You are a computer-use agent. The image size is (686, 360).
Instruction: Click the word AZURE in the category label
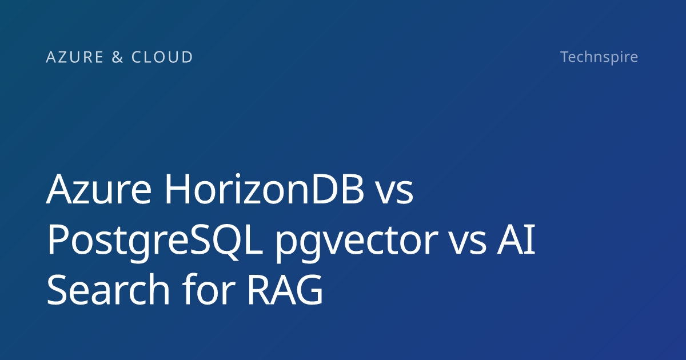coord(75,57)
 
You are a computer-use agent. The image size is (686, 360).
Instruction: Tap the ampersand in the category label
coord(118,57)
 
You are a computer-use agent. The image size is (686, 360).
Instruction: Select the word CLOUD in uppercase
coord(162,57)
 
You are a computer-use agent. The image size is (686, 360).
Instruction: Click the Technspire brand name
coord(599,57)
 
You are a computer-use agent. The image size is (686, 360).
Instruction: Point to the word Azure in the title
coord(98,189)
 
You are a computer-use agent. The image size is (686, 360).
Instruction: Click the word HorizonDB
coord(264,189)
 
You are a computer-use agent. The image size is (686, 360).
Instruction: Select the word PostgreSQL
coord(154,241)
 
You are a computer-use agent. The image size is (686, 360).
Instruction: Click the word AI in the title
coord(516,239)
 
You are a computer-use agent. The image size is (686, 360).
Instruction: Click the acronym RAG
coord(285,290)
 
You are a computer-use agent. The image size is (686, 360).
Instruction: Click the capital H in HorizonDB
coord(177,189)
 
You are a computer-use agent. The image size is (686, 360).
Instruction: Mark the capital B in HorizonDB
coord(353,189)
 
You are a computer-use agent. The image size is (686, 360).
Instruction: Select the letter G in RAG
coord(310,290)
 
